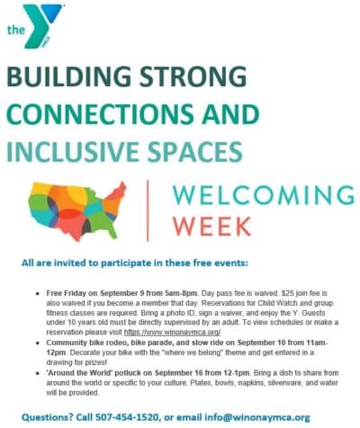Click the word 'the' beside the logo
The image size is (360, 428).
click(x=15, y=30)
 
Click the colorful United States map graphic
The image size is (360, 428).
click(x=78, y=210)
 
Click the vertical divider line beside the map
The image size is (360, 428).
click(x=147, y=210)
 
